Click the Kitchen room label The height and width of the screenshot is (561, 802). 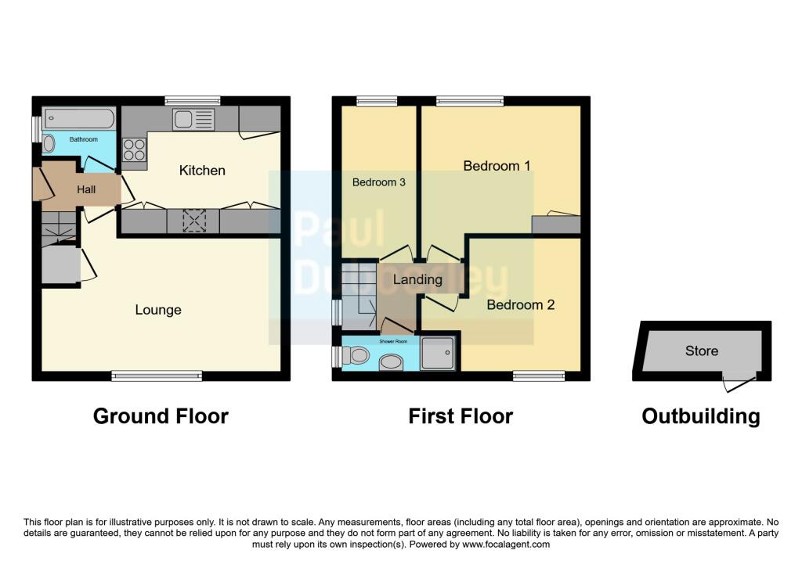pos(202,171)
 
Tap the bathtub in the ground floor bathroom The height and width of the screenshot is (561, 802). pos(79,118)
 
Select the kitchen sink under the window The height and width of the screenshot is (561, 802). pos(193,119)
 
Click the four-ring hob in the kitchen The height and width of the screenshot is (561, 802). pos(133,149)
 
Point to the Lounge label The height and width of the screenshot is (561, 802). pos(158,310)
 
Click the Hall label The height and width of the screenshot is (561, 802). pos(86,189)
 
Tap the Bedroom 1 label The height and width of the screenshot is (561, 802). pos(497,166)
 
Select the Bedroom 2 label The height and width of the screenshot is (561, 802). pos(520,304)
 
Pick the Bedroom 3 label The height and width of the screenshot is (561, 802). pos(378,182)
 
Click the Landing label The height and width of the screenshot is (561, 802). pos(417,279)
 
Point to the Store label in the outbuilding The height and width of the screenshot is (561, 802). pos(701,351)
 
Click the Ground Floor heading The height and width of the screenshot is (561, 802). pos(161,416)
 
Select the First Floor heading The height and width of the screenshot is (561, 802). pos(461,416)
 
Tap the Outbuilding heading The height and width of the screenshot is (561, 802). pos(700,416)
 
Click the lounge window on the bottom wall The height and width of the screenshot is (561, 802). pos(157,376)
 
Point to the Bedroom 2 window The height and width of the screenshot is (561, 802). pos(539,376)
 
